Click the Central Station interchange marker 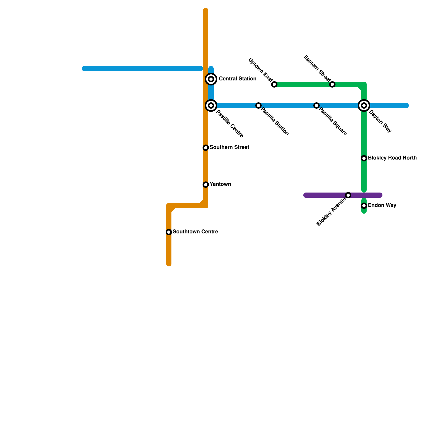pos(211,79)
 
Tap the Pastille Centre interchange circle pos(211,105)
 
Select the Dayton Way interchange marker pos(364,105)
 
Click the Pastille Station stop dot pos(258,105)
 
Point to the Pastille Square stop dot pos(316,105)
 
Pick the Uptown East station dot pos(274,84)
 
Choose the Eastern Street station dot pos(332,84)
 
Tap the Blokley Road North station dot pos(364,158)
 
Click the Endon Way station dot pos(364,206)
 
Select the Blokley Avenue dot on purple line pos(348,195)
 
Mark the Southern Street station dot pos(206,148)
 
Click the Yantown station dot pos(206,185)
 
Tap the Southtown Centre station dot pos(169,232)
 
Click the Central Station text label pos(237,79)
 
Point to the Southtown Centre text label pos(195,232)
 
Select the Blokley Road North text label pos(392,158)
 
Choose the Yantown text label pos(220,184)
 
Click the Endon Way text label pos(382,205)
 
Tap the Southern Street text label pos(229,147)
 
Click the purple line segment pos(324,195)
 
